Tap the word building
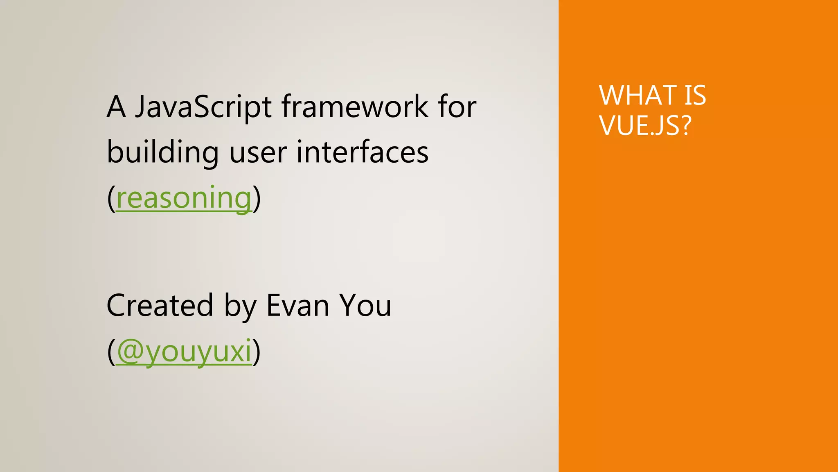(162, 152)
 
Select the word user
(258, 152)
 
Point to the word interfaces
(362, 152)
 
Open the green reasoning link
(184, 198)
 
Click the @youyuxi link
(184, 351)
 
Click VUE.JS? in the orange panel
(645, 125)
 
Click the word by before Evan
(240, 306)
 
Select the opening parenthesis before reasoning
(111, 199)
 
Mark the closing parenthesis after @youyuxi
(257, 352)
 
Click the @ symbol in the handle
(130, 351)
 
